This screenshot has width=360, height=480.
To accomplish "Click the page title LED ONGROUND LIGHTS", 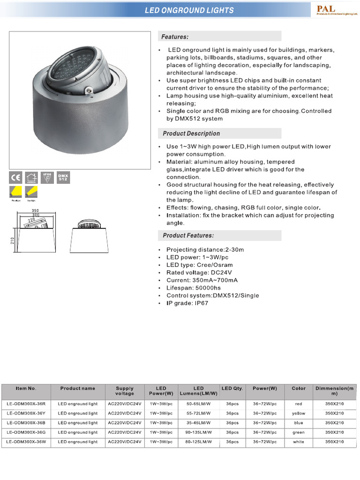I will (189, 10).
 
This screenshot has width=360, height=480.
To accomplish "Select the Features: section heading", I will (175, 37).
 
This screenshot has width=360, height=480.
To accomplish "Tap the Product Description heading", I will (191, 134).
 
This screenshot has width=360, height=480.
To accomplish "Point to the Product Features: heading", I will (188, 235).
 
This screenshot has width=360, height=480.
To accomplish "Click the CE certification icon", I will (16, 177).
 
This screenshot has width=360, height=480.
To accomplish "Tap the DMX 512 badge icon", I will (63, 177).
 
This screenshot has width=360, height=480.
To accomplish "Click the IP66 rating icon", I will (47, 177).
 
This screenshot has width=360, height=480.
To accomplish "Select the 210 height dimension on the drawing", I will (13, 240).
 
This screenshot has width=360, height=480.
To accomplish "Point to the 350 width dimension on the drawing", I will (35, 210).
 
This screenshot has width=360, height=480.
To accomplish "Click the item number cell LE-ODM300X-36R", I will (26, 404).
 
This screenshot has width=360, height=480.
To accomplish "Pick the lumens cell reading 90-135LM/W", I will (199, 432).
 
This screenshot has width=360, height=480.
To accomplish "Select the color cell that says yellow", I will (299, 413).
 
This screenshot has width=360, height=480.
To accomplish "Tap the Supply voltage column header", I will (125, 391).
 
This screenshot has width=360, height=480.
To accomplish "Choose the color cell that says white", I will (299, 442).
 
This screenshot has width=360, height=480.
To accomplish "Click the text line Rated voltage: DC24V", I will (199, 272).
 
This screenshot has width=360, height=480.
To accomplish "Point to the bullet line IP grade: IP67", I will (187, 303).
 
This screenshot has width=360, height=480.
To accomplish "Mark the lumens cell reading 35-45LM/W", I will (199, 423).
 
